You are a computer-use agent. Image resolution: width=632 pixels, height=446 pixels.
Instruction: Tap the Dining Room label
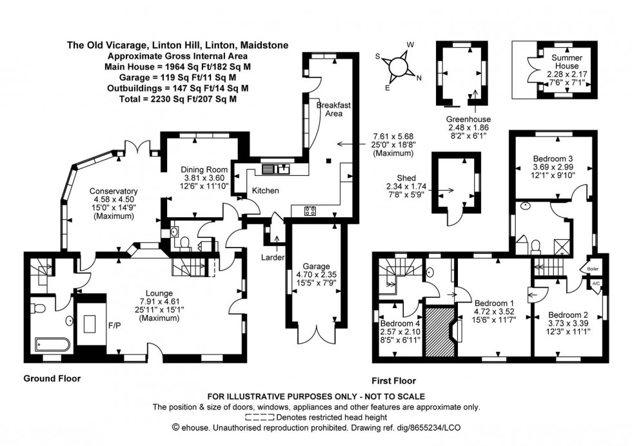[x=201, y=170]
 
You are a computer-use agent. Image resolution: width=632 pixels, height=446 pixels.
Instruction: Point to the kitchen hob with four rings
[x=310, y=211]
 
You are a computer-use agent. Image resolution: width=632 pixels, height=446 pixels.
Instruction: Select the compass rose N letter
[x=419, y=78]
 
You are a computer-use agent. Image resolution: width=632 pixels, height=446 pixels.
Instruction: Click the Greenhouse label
[x=468, y=119]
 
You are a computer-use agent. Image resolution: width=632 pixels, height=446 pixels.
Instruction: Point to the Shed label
[x=406, y=178]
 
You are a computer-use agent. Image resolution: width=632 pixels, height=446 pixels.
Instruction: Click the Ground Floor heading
[x=52, y=379]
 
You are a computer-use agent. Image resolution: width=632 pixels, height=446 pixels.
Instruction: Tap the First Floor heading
[x=393, y=381]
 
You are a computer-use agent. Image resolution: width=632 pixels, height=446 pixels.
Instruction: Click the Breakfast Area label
[x=329, y=109]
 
